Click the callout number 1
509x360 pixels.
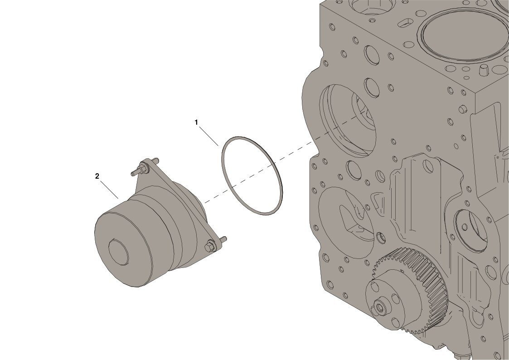coord(196,122)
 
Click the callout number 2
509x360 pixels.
coord(97,176)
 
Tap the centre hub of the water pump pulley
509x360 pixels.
coord(118,252)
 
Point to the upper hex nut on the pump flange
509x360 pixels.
coord(144,166)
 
